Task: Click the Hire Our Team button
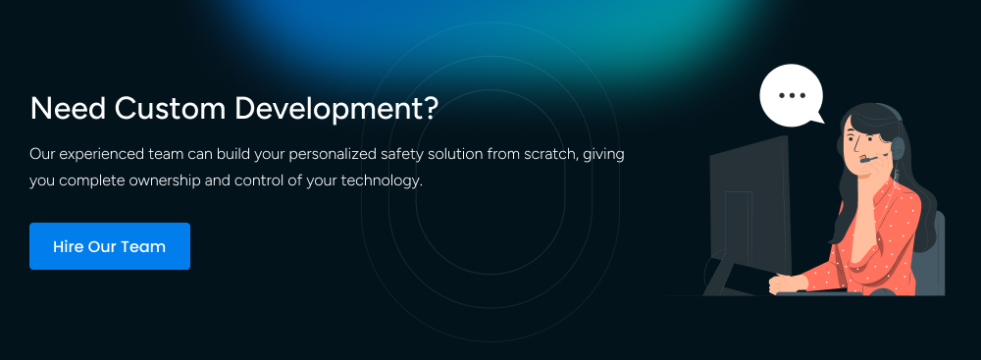click(109, 246)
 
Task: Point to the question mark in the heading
click(431, 109)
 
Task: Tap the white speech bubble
click(790, 96)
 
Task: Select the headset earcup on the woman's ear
click(897, 147)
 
